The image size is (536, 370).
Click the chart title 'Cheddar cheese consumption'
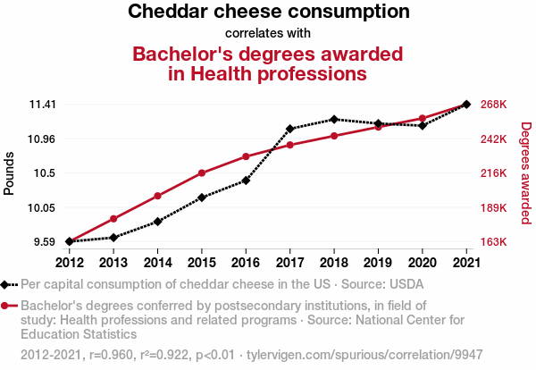tap(269, 13)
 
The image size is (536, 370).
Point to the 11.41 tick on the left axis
tap(42, 105)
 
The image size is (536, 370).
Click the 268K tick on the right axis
tap(494, 105)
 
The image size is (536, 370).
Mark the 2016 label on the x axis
tap(246, 263)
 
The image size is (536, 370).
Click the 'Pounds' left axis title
tap(10, 172)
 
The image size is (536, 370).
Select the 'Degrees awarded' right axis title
tap(526, 172)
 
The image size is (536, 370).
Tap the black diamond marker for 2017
tap(289, 129)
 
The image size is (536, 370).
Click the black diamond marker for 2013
tap(113, 237)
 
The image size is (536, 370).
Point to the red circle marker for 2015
tap(202, 172)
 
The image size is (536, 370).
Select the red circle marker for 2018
tap(333, 136)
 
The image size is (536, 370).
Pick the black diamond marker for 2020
tap(422, 125)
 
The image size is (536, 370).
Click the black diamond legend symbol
tap(10, 285)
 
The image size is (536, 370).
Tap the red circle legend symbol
tap(10, 306)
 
